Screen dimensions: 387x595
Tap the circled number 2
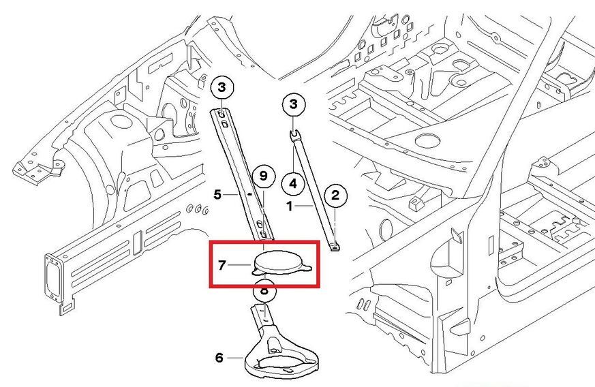point(335,196)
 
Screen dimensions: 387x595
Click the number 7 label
point(222,264)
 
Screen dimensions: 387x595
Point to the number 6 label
point(219,357)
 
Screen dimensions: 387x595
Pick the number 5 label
point(218,194)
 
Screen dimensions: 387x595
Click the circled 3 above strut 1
point(294,104)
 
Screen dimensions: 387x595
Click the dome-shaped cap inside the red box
point(280,261)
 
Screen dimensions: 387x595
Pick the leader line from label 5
point(231,194)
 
